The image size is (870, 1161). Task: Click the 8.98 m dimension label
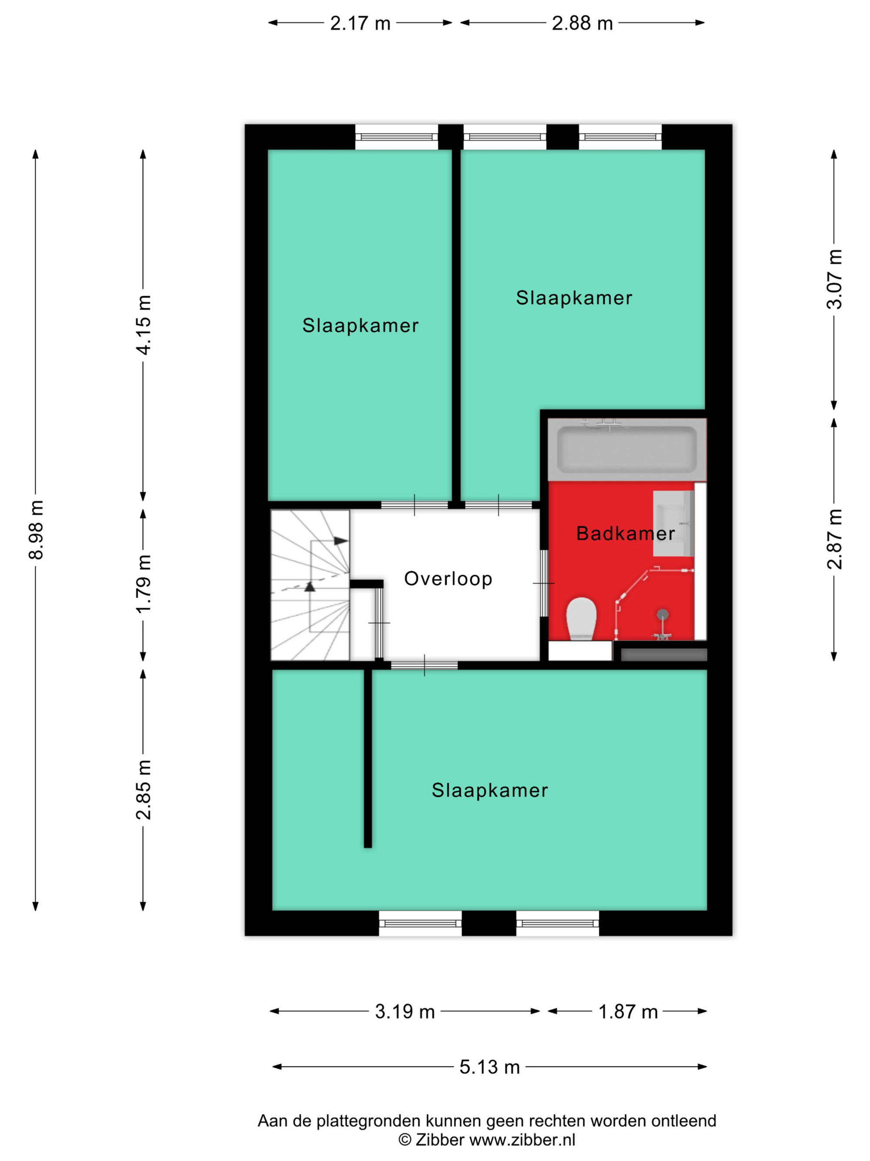tap(36, 530)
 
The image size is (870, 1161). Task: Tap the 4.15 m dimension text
tap(143, 325)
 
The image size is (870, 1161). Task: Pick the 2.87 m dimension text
tap(834, 539)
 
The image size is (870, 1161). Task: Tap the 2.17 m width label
tap(360, 24)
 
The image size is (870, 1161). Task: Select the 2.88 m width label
tap(582, 24)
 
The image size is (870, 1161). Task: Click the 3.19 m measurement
tap(405, 1011)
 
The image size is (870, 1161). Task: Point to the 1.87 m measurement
tap(628, 1011)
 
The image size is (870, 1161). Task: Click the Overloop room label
tap(448, 579)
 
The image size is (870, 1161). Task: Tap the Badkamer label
tap(626, 533)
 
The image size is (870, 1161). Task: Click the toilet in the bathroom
tap(582, 619)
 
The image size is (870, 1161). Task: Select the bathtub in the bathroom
tap(627, 449)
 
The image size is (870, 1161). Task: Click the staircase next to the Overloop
tap(310, 585)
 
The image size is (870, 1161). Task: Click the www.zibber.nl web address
tap(522, 1140)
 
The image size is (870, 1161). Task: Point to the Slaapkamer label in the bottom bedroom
tap(490, 790)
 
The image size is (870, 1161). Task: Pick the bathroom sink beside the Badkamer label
tap(673, 523)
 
